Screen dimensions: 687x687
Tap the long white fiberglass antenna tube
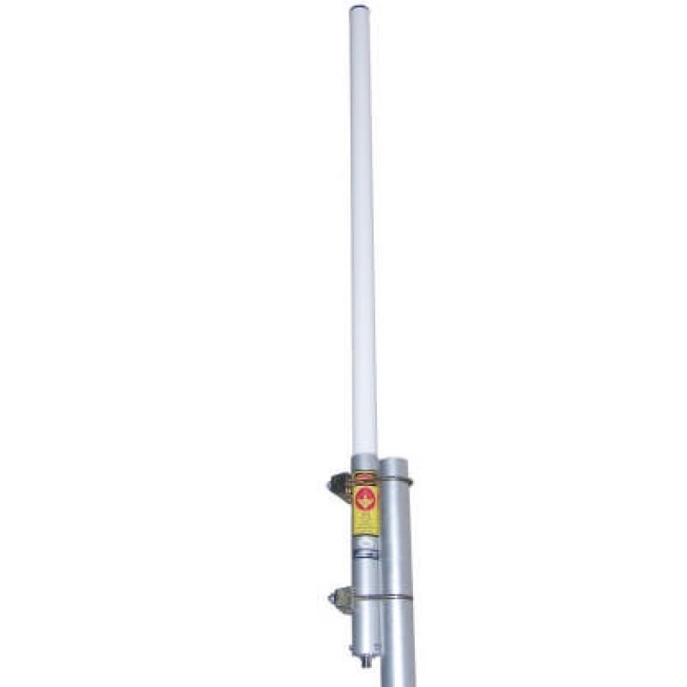click(x=362, y=232)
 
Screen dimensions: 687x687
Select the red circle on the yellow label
click(x=366, y=497)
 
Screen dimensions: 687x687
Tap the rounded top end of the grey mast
click(x=395, y=463)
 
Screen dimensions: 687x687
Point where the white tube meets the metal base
click(x=364, y=457)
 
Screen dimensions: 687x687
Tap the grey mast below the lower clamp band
click(x=399, y=644)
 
